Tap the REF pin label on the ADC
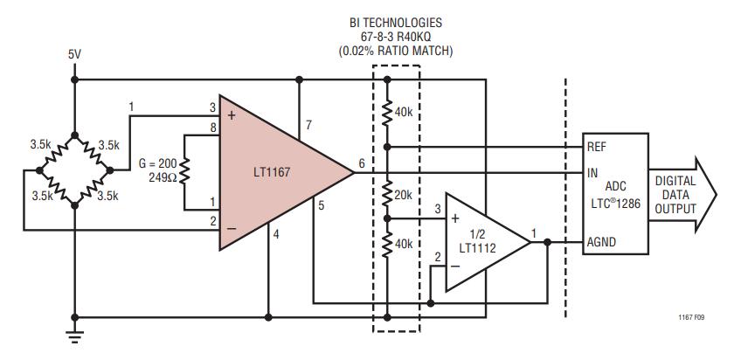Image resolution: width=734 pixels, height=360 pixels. click(x=597, y=147)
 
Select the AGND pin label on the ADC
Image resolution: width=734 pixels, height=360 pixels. click(x=602, y=243)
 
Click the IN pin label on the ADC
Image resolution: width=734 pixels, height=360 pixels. click(x=592, y=173)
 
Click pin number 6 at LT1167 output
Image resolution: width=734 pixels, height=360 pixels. click(x=363, y=163)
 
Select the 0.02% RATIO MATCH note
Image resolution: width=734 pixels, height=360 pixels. click(x=397, y=52)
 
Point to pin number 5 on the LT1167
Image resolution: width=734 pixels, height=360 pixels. click(x=321, y=206)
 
